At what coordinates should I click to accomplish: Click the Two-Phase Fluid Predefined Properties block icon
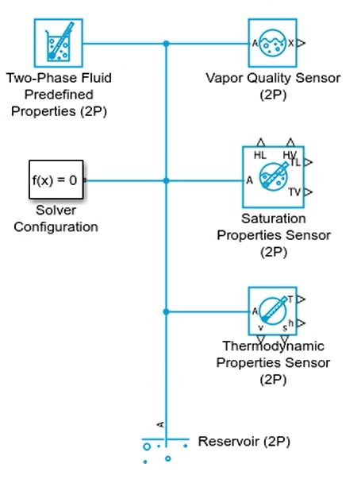(x=59, y=43)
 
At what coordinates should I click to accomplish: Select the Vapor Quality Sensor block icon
(x=272, y=43)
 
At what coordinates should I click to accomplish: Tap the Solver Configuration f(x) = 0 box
(x=56, y=180)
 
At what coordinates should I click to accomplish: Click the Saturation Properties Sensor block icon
(x=273, y=177)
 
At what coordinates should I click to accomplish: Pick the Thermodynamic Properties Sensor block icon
(x=272, y=311)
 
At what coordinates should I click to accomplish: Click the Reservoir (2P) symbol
(x=166, y=450)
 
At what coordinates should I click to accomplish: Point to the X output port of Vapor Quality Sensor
(x=301, y=43)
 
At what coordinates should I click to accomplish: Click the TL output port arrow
(x=309, y=162)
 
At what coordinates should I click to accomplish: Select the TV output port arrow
(x=309, y=192)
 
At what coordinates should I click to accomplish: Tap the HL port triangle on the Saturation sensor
(x=260, y=142)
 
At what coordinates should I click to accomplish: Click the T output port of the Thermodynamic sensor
(x=301, y=300)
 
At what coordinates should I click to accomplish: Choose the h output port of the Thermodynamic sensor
(x=301, y=323)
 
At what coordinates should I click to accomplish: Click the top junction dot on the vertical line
(x=166, y=44)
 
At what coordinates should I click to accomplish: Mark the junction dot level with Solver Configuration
(x=166, y=180)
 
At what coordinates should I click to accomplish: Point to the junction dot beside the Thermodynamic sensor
(x=166, y=312)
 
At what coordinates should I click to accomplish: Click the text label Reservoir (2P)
(x=244, y=442)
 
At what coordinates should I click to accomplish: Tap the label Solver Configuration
(x=56, y=218)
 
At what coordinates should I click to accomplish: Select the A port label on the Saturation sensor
(x=249, y=180)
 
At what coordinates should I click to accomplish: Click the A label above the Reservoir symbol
(x=160, y=424)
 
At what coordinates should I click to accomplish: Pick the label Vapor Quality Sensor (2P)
(x=273, y=87)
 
